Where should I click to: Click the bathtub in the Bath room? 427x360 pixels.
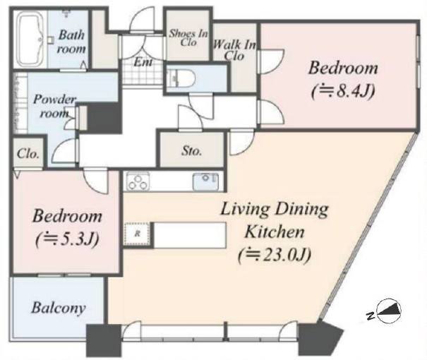pos(31,40)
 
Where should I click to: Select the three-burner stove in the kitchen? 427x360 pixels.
pos(138,181)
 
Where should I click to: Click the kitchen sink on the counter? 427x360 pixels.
pos(205,181)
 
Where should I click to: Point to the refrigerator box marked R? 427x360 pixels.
pos(137,234)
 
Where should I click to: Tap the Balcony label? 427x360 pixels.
pos(59,308)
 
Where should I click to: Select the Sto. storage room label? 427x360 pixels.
pos(192,150)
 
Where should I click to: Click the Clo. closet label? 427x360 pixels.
pos(28,154)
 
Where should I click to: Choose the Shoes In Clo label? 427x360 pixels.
pos(188,38)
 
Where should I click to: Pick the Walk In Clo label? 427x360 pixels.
pos(234,50)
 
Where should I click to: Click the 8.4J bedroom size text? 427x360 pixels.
pos(343,92)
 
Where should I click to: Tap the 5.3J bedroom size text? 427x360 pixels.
pos(67,239)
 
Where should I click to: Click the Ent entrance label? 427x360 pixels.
pos(143,62)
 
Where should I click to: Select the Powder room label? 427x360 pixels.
pos(54,106)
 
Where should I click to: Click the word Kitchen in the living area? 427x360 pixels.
pos(275,232)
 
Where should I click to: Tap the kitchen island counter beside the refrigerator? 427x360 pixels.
pos(190,235)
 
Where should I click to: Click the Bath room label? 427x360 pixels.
pos(71,42)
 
